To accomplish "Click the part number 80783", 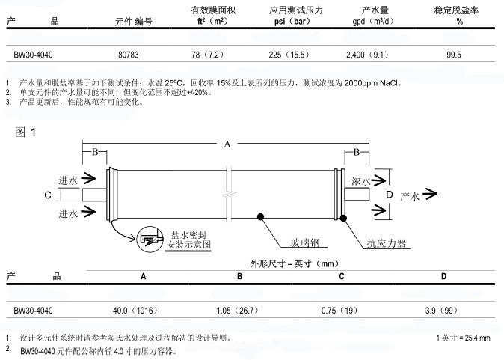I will (x=130, y=55).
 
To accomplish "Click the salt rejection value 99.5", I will (x=454, y=55).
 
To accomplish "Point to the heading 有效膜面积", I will (x=212, y=10).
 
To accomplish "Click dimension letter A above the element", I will (x=227, y=144).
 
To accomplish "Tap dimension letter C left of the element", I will (x=48, y=195).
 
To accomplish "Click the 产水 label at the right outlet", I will (x=411, y=196).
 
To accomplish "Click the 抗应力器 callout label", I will (x=386, y=243).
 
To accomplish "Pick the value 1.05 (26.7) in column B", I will (x=239, y=309).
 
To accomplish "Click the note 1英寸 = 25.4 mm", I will (x=463, y=338).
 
